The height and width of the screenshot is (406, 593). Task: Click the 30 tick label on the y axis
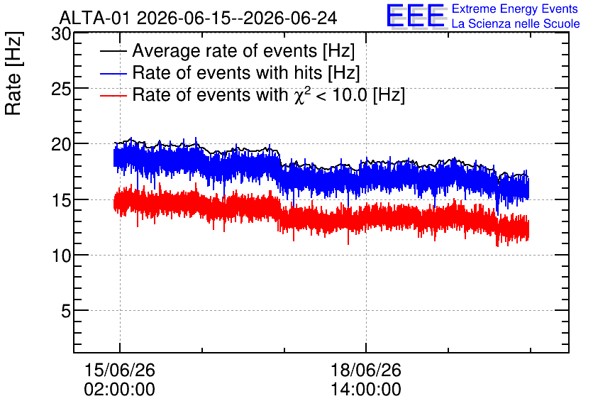61,34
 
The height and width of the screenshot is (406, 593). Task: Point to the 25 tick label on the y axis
61,89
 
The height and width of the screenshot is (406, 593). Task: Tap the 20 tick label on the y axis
61,144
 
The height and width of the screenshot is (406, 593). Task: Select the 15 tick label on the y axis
61,200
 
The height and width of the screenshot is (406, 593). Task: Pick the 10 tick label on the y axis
61,256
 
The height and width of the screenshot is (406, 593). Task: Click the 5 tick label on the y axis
66,312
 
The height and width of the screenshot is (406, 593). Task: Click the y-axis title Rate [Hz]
13,73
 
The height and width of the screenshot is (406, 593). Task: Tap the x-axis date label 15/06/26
119,370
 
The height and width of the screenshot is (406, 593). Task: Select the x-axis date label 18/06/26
366,370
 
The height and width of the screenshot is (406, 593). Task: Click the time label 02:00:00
119,390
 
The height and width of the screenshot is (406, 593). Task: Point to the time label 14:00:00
366,390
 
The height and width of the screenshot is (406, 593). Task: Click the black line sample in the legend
113,51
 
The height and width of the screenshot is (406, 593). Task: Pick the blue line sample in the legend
113,73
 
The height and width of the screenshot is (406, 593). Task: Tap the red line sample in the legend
113,95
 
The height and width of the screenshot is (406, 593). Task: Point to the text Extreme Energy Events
515,9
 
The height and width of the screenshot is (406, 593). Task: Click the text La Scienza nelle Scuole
516,23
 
